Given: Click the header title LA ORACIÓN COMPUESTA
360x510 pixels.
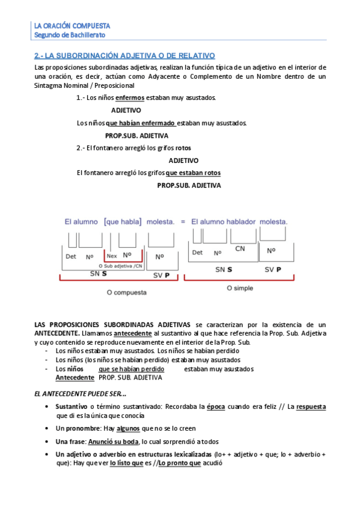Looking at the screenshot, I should [x=72, y=26].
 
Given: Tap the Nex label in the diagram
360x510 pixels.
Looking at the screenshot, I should [x=111, y=256].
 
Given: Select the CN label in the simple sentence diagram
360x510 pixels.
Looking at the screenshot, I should [x=240, y=248].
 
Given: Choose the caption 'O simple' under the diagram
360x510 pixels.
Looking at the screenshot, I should [x=239, y=288].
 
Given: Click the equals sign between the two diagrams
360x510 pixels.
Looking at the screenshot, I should [x=183, y=221].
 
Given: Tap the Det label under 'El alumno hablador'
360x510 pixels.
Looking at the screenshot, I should [x=197, y=253].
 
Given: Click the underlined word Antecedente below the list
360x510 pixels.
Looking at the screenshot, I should [x=75, y=378].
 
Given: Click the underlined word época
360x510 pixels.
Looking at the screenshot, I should [x=216, y=407].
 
